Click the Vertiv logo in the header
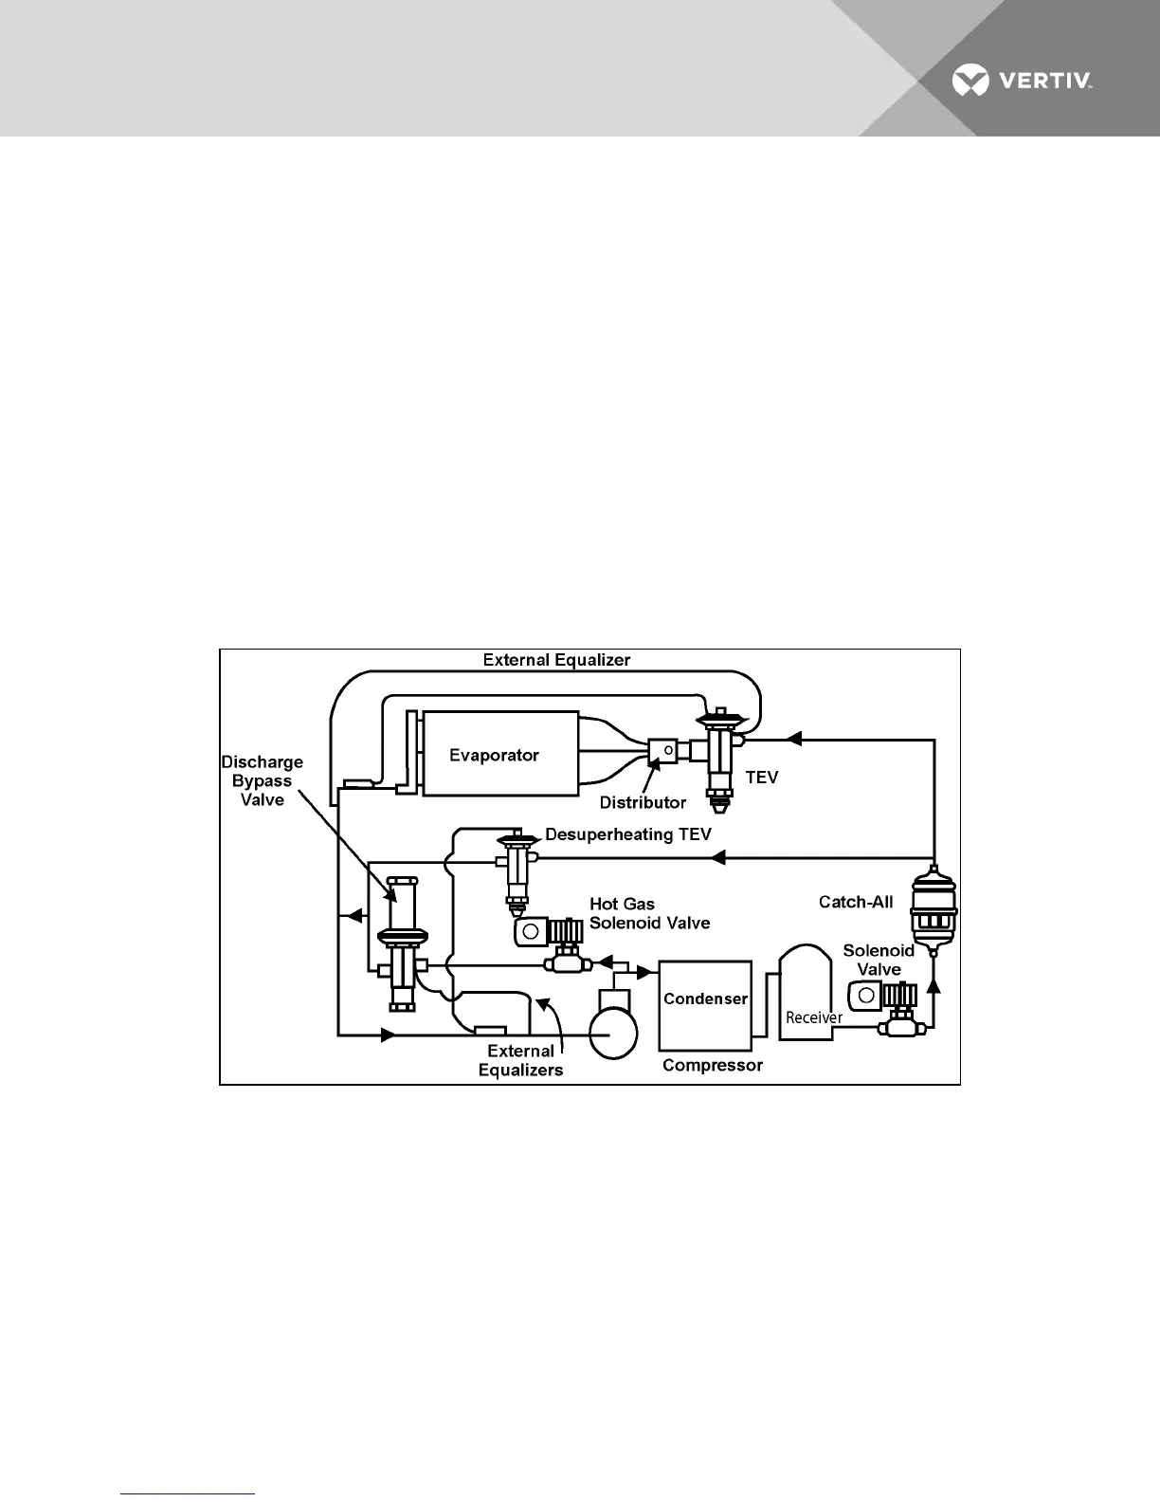[x=1022, y=81]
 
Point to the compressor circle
[x=613, y=1034]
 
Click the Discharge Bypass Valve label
[x=263, y=780]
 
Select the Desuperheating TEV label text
[x=627, y=834]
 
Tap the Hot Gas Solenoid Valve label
[x=649, y=913]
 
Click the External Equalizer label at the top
[x=556, y=660]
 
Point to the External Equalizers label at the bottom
[x=520, y=1060]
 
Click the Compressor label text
[x=712, y=1065]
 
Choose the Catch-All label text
[x=856, y=902]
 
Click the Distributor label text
[x=643, y=802]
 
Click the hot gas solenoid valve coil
[x=531, y=931]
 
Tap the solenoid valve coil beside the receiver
[x=865, y=996]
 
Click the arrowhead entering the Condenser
[x=647, y=972]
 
